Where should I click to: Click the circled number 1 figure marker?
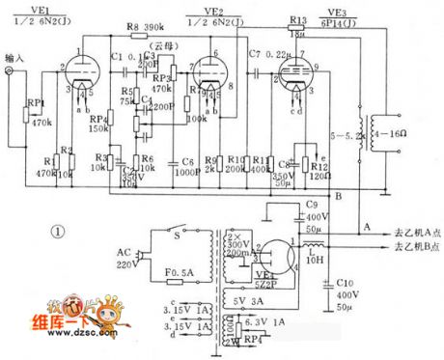click(57, 232)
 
